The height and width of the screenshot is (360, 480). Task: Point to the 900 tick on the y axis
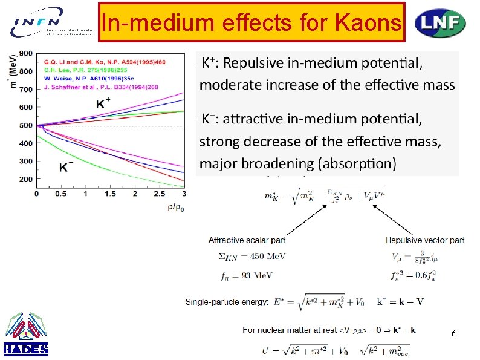tap(26, 53)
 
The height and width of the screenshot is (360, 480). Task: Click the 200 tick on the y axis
tap(26, 180)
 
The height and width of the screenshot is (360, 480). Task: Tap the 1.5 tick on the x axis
tap(110, 194)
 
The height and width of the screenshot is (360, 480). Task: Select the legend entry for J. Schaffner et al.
tap(99, 87)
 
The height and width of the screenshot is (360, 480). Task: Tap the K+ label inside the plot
tap(105, 103)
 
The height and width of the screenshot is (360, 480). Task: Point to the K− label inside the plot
tap(66, 166)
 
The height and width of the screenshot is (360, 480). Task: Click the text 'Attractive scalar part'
tap(247, 240)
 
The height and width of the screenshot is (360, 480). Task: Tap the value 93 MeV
tap(256, 275)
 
